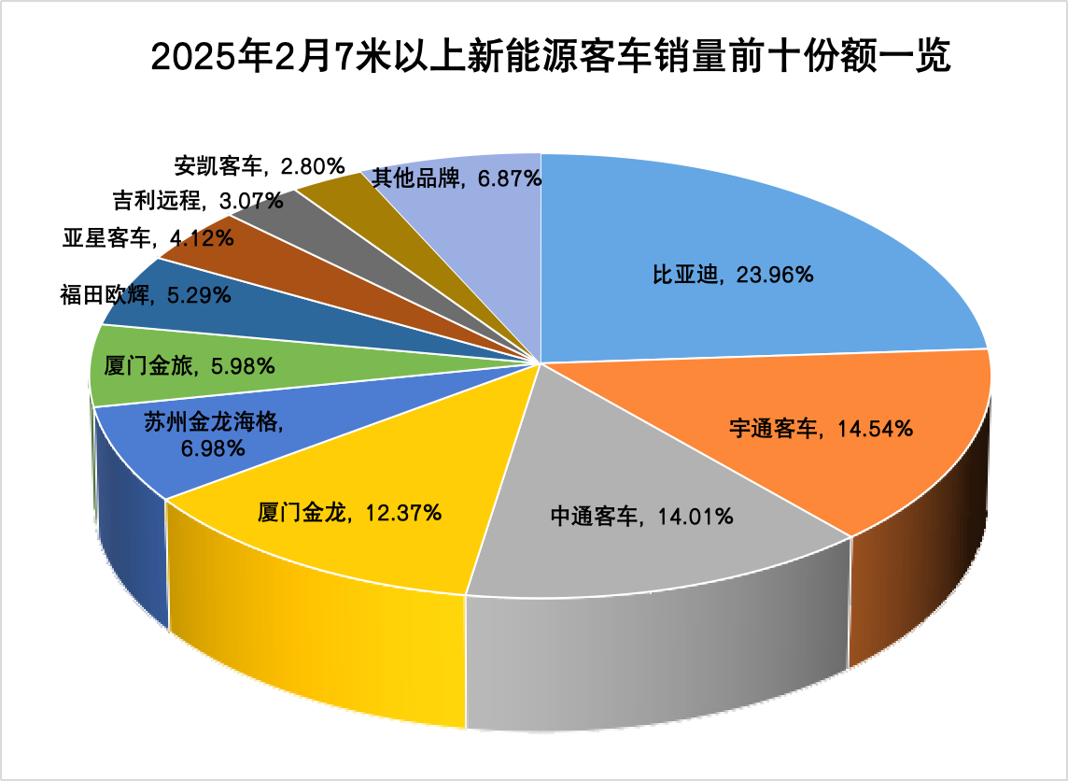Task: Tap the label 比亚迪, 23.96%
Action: (732, 276)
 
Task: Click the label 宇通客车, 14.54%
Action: (821, 429)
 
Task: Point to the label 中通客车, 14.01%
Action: (641, 516)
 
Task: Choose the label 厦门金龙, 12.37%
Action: (349, 512)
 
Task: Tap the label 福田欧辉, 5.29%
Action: (145, 296)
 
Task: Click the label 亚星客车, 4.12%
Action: (148, 238)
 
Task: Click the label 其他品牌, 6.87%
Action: (457, 177)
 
